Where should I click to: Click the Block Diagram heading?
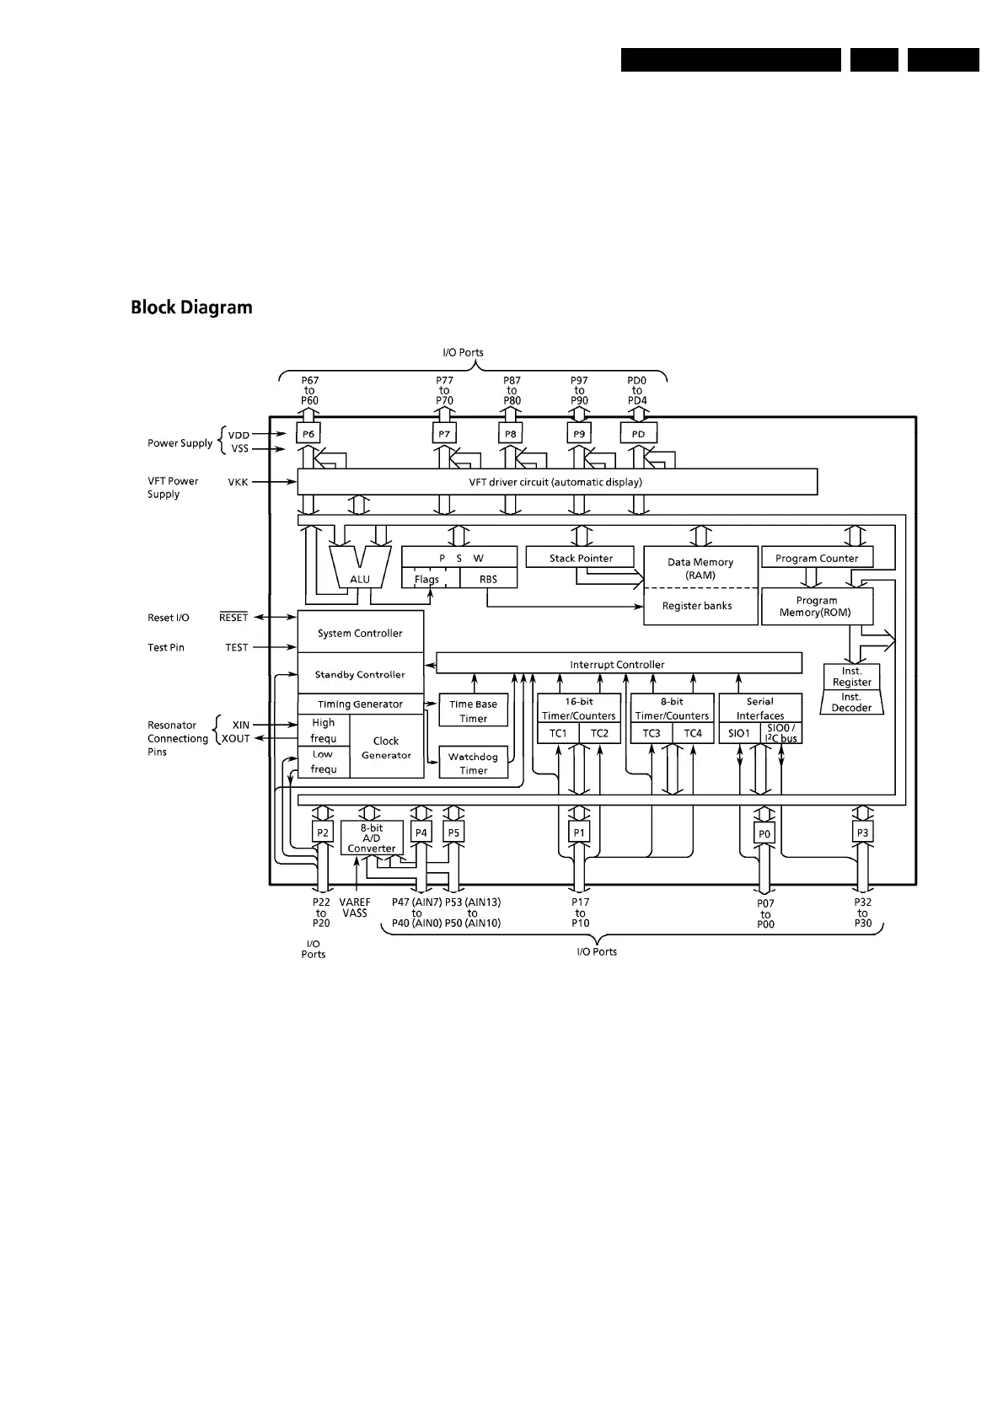point(191,308)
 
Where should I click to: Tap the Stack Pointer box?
point(581,558)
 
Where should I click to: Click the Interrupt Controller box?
point(618,664)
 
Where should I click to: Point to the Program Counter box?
point(817,558)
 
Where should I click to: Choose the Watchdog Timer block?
point(473,763)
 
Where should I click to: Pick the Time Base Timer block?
point(473,711)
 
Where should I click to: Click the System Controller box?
point(360,633)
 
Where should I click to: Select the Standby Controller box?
point(360,674)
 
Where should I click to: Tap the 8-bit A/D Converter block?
point(372,838)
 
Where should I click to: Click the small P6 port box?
point(309,434)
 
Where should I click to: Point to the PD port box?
point(638,434)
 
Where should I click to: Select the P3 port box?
point(862,833)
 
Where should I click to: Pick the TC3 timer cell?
point(652,733)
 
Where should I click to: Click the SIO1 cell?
point(739,733)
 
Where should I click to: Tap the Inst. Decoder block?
point(851,703)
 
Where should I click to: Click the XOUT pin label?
point(235,739)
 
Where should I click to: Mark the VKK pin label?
point(238,483)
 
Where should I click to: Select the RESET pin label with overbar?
point(233,618)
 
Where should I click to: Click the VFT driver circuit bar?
point(556,483)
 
